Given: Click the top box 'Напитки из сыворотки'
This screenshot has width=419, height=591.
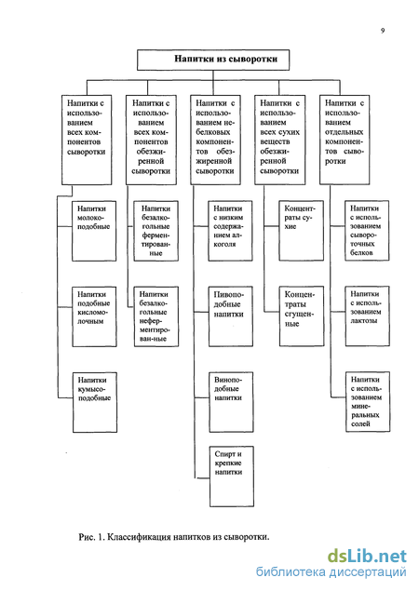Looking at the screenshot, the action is [x=213, y=60].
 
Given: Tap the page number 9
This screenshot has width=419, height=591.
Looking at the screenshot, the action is [x=383, y=31].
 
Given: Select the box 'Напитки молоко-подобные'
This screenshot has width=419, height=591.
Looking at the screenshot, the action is [x=94, y=231].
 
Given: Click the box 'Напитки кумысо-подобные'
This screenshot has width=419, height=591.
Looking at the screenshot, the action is [x=95, y=402].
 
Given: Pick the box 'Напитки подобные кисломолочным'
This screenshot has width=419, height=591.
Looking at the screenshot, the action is [x=94, y=316].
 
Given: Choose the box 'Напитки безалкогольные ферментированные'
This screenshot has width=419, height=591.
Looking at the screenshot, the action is [x=156, y=231].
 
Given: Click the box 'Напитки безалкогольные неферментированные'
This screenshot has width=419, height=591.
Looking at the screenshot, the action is [x=156, y=316].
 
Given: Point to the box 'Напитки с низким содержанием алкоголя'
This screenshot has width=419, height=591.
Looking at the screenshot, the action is [x=230, y=231].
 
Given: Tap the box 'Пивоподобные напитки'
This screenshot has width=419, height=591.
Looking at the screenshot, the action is [x=231, y=316].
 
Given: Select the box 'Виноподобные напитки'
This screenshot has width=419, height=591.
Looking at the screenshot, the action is [x=231, y=402].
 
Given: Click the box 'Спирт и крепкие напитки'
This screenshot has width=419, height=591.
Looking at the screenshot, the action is [x=232, y=477].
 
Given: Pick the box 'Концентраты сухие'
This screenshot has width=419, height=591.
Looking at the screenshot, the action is [x=302, y=231].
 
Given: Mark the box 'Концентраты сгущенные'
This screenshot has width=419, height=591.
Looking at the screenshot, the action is [x=302, y=316].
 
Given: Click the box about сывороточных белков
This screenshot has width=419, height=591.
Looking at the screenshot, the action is [x=367, y=231].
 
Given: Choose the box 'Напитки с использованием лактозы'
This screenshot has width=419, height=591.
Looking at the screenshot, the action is [x=368, y=316].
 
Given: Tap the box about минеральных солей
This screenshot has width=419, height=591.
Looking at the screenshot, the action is [x=368, y=402].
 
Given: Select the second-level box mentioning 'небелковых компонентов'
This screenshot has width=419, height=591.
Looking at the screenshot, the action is [x=215, y=140].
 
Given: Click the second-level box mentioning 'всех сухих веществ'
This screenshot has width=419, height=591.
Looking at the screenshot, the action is [x=280, y=140].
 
